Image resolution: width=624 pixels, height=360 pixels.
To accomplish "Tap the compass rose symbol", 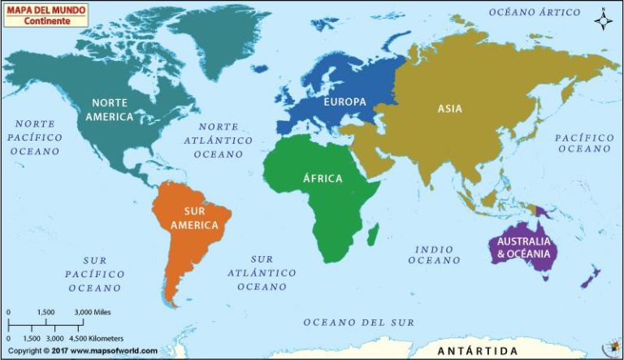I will [x=603, y=19].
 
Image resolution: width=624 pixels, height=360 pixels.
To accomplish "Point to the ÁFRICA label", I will [x=323, y=179].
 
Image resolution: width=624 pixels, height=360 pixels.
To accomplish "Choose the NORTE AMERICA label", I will [x=112, y=110].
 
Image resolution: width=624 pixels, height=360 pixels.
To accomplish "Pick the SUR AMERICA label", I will [x=194, y=218].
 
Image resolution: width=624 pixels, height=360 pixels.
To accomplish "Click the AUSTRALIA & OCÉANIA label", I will [x=525, y=248].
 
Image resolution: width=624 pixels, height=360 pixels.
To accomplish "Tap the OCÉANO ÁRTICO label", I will [x=535, y=12].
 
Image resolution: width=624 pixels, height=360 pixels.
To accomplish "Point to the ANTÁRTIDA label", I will [x=477, y=351].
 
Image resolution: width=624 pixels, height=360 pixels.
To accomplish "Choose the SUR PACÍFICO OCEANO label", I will [x=95, y=274].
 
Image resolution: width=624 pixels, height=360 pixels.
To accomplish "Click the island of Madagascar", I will [x=372, y=235].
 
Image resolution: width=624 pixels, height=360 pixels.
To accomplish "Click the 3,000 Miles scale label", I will [x=92, y=312].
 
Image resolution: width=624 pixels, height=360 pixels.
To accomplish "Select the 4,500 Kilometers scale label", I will [x=102, y=337].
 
